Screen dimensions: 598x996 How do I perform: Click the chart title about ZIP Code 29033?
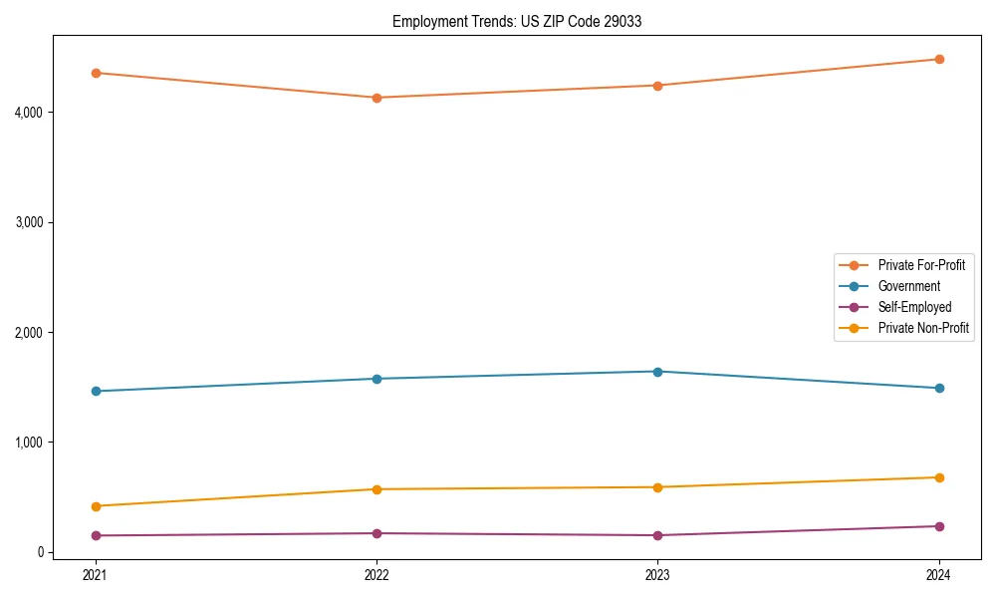pyautogui.click(x=516, y=21)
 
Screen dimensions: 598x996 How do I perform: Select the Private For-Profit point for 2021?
pyautogui.click(x=96, y=73)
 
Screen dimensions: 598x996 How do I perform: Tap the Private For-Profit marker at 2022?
pyautogui.click(x=376, y=98)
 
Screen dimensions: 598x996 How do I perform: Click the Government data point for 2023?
pyautogui.click(x=657, y=372)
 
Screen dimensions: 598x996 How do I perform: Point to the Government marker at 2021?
pyautogui.click(x=96, y=391)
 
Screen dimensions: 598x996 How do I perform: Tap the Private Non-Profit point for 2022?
pyautogui.click(x=376, y=489)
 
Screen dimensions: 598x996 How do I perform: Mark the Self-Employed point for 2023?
pyautogui.click(x=657, y=535)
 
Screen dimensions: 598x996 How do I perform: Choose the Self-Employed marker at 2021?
pyautogui.click(x=96, y=535)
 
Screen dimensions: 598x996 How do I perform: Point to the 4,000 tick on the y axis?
pyautogui.click(x=30, y=112)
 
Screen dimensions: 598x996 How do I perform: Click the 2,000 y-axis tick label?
pyautogui.click(x=30, y=332)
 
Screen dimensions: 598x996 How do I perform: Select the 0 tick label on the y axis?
pyautogui.click(x=41, y=552)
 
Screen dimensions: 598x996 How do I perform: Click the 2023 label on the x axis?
pyautogui.click(x=657, y=574)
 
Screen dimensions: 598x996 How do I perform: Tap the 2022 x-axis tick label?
pyautogui.click(x=376, y=574)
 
